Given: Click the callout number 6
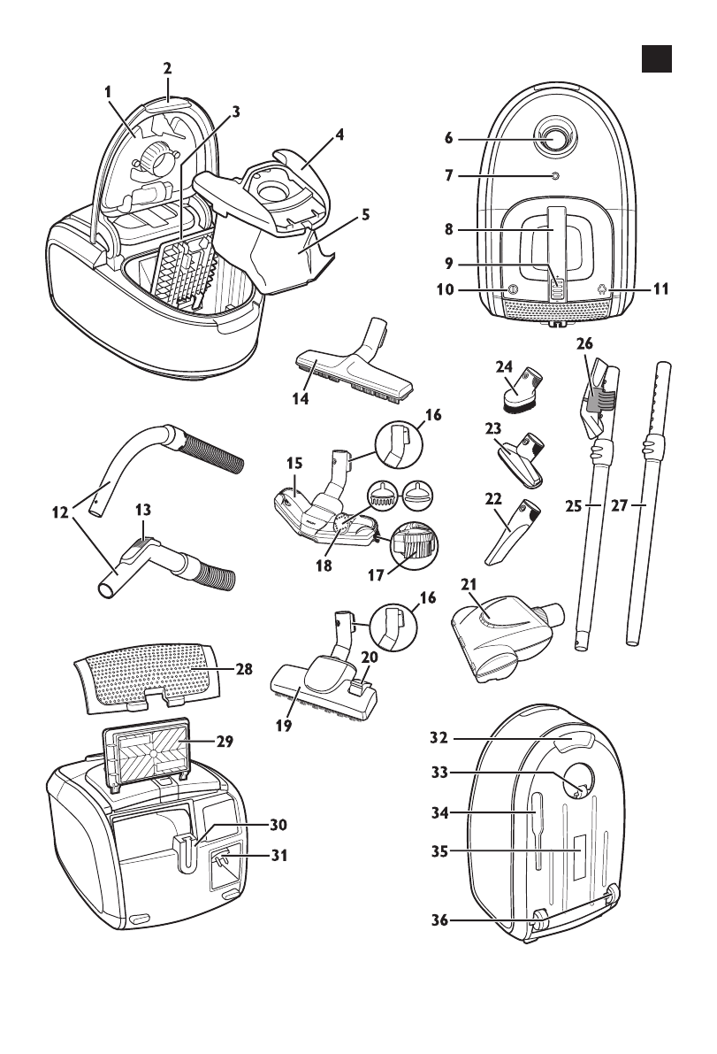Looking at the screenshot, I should [x=448, y=138].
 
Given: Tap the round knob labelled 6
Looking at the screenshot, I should [x=554, y=138].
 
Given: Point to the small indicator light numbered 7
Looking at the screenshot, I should [x=554, y=176].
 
